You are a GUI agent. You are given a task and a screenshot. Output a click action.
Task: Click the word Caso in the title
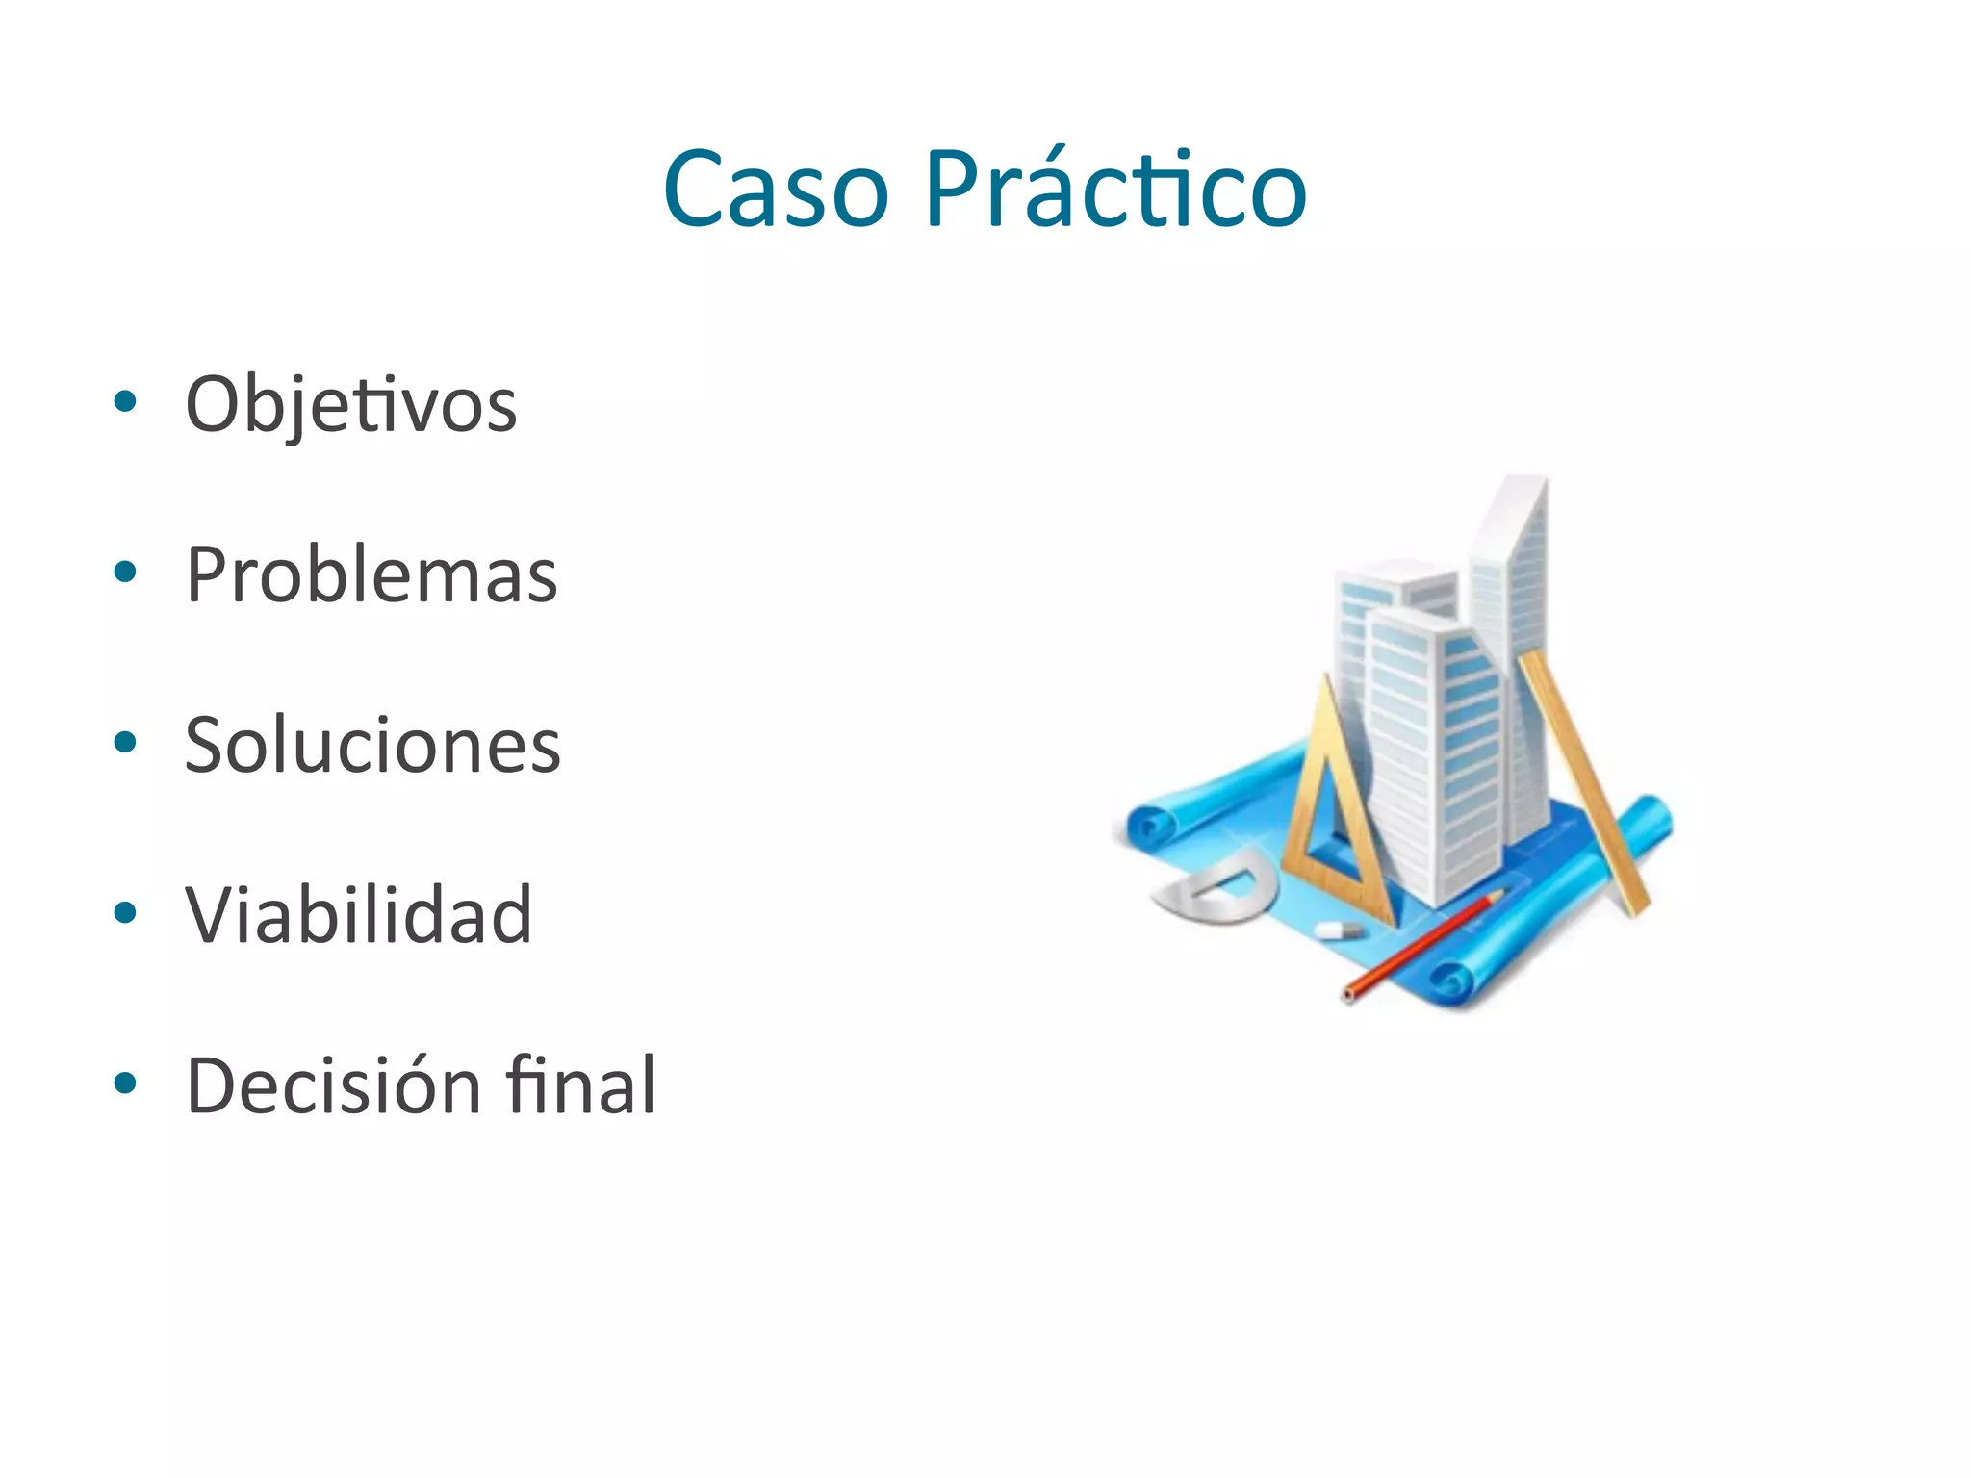(x=776, y=191)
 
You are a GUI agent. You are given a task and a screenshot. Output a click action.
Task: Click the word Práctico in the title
(x=1115, y=191)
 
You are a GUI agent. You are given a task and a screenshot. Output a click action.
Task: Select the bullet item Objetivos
(x=351, y=405)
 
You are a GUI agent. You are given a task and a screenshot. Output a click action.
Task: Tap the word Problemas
(x=371, y=575)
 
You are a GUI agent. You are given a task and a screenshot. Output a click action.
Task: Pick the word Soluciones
(x=372, y=746)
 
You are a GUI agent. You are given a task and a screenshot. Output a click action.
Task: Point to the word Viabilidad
(x=358, y=915)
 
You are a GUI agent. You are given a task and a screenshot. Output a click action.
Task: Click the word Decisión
(x=333, y=1085)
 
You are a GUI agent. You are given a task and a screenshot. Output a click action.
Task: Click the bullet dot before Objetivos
(x=125, y=401)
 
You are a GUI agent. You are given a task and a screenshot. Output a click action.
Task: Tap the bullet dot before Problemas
(x=125, y=572)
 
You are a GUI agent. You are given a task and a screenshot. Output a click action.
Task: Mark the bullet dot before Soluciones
(x=125, y=742)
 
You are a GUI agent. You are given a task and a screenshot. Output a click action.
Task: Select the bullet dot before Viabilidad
(x=125, y=912)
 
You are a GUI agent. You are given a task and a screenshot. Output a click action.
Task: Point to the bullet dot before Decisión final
(x=125, y=1083)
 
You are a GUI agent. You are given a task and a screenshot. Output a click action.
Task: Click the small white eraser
(x=1339, y=930)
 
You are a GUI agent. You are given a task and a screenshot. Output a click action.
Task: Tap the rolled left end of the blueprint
(x=1151, y=828)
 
